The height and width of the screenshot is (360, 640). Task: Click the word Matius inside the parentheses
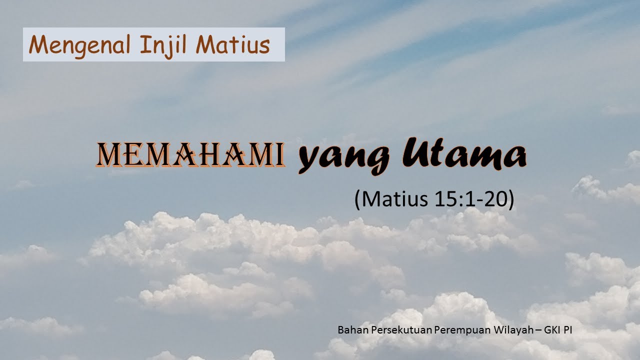point(394,199)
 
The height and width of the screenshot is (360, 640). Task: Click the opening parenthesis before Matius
point(357,199)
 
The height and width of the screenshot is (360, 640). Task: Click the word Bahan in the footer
point(350,330)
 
